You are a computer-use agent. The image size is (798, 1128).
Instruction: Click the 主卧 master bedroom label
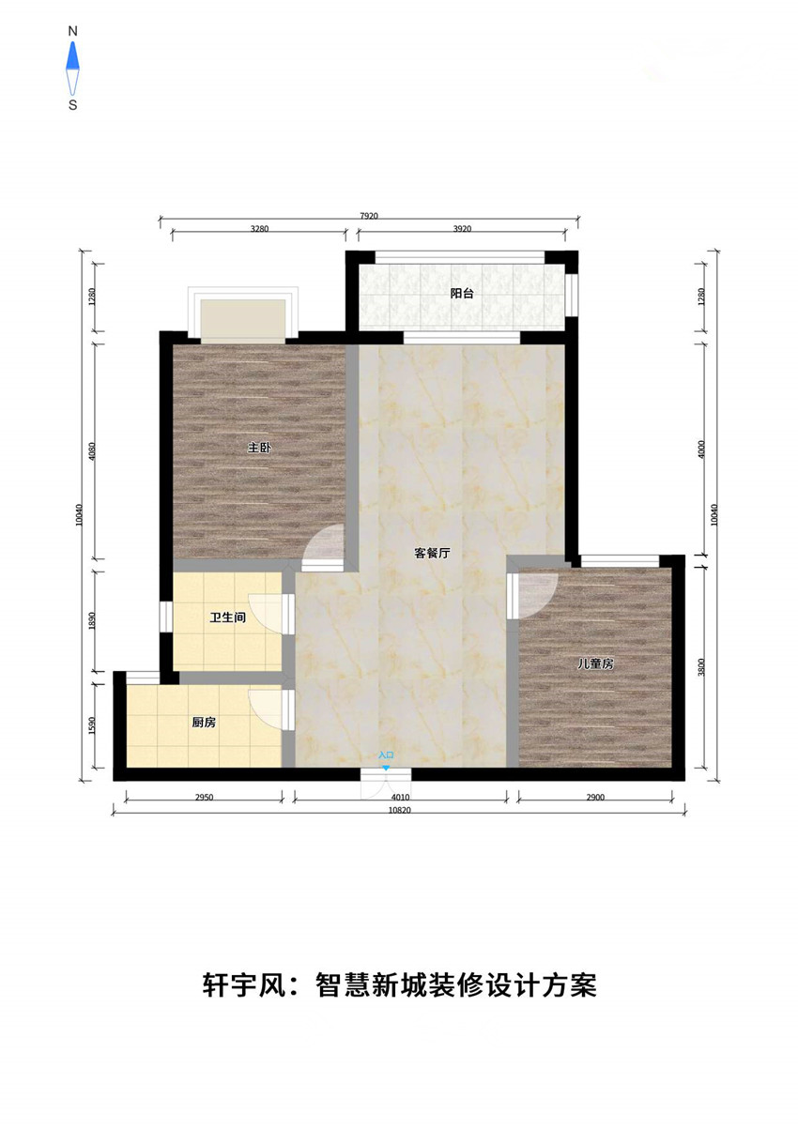tap(259, 448)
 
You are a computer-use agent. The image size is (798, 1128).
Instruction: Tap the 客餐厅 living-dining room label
tap(432, 554)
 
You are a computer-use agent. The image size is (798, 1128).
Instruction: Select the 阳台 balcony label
tap(462, 293)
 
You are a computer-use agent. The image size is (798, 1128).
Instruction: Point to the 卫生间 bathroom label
tap(228, 617)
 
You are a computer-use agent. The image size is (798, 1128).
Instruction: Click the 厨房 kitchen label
tap(204, 723)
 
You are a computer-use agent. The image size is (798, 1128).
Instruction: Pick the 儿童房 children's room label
tap(595, 664)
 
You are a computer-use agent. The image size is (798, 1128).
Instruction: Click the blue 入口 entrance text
tap(386, 755)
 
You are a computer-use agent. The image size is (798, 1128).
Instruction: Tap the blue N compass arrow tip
tap(73, 42)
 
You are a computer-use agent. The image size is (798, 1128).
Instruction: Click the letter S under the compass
tap(73, 105)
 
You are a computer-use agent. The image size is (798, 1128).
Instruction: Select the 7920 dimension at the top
tap(369, 216)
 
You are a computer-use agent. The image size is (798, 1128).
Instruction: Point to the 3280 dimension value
tap(259, 229)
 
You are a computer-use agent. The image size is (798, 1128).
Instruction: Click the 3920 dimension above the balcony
tap(462, 229)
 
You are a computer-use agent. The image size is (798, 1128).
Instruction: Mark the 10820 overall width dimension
tap(400, 810)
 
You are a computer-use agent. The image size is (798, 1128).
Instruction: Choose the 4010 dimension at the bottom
tap(401, 797)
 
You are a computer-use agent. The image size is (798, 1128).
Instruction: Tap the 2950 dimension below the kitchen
tap(204, 797)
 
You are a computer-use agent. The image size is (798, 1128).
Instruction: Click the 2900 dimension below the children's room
tap(595, 797)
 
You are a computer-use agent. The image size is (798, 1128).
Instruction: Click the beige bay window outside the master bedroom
tap(243, 321)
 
